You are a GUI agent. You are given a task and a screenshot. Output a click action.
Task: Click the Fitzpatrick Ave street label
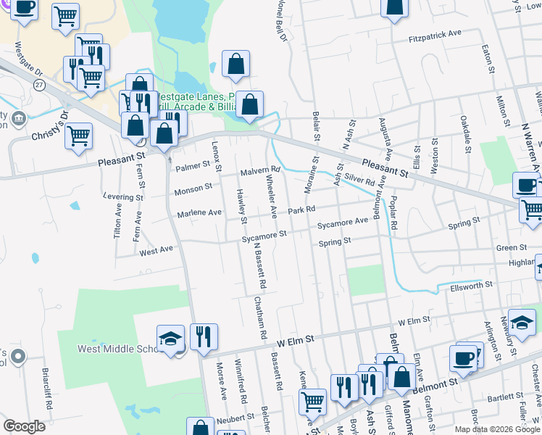point(435,34)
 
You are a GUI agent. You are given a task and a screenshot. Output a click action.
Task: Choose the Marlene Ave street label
point(199,213)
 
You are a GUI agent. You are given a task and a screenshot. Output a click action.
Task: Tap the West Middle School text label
point(116,349)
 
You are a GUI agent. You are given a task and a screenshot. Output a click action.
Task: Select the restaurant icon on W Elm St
point(204,336)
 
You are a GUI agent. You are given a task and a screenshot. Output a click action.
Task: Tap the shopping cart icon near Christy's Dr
point(79,134)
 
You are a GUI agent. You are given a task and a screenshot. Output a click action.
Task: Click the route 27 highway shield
point(39,85)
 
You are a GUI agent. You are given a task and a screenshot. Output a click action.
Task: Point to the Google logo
point(24,426)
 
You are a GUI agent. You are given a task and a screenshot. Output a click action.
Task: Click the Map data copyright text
point(496,429)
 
